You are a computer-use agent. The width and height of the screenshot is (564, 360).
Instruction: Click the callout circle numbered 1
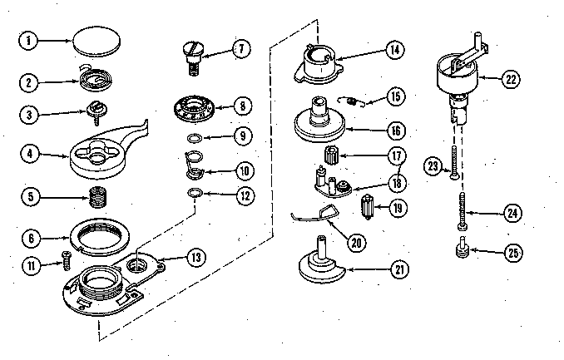[x=27, y=40]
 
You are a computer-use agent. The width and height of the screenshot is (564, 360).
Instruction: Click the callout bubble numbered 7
[x=240, y=49]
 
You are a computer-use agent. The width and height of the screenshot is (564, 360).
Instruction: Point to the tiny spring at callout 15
[x=354, y=102]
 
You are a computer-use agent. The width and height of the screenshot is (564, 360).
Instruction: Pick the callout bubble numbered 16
[x=395, y=131]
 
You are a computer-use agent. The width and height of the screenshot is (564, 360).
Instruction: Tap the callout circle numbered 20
[x=356, y=244]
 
